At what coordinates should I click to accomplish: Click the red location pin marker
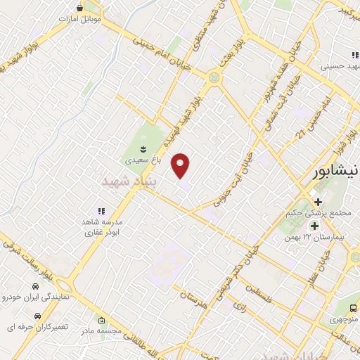181,165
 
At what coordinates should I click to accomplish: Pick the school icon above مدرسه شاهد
101,210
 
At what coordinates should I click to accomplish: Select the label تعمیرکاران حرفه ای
32,328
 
